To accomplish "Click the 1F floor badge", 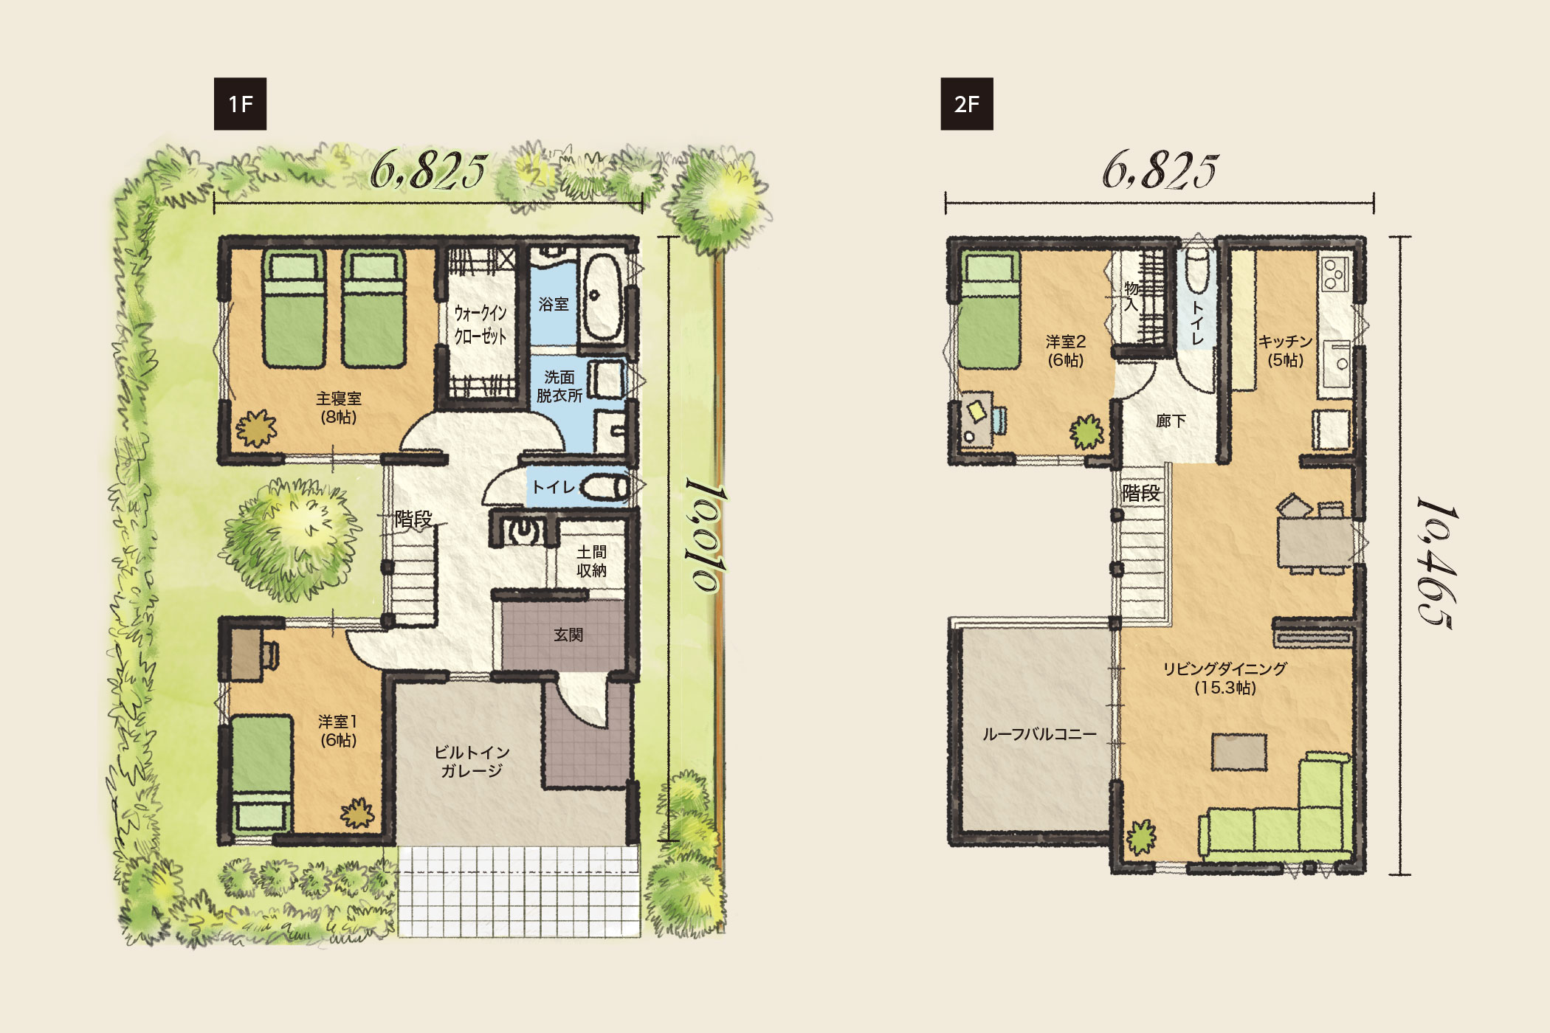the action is [240, 104].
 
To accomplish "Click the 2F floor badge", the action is [967, 104].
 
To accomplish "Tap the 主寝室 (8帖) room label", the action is [339, 407].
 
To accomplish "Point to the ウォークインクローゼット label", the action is [480, 325].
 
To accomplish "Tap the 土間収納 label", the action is [591, 562].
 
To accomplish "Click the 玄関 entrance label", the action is [568, 635].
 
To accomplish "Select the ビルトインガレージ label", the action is [472, 761].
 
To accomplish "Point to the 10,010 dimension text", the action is [706, 535].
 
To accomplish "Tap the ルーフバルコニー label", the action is [1039, 734].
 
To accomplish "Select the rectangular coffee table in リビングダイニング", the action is [1239, 752].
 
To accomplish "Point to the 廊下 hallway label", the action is [1171, 421].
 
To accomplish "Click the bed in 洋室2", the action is [989, 311].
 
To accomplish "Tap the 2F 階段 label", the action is [1141, 493].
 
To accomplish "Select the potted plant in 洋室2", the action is [1087, 432].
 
